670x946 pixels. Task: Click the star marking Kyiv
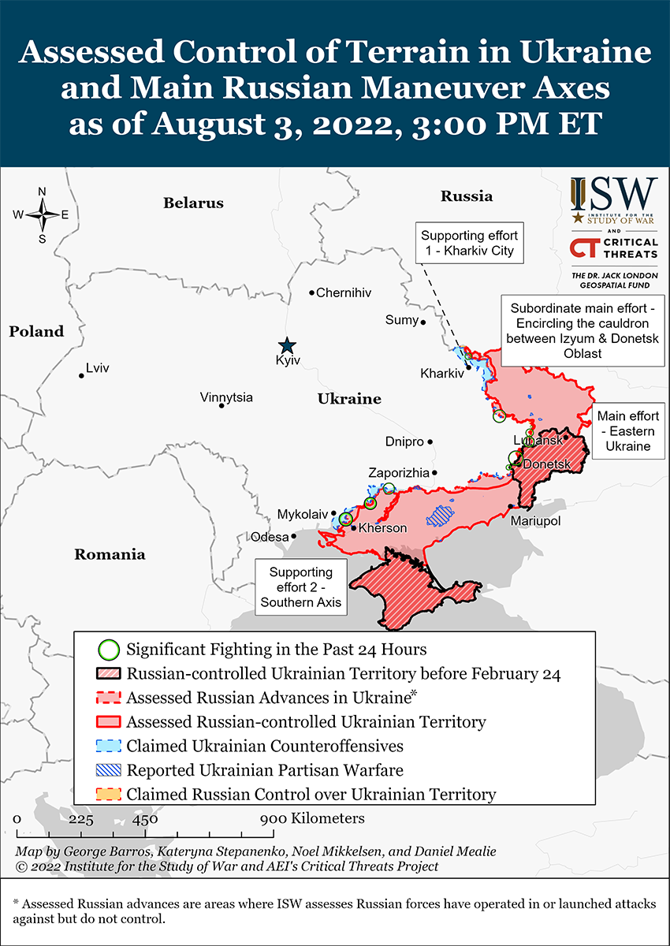pyautogui.click(x=287, y=345)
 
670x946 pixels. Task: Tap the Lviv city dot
pyautogui.click(x=81, y=375)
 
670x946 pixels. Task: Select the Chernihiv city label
pyautogui.click(x=343, y=292)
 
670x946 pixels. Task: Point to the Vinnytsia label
pyautogui.click(x=226, y=397)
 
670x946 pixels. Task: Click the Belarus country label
pyautogui.click(x=193, y=203)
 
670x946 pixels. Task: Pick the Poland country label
pyautogui.click(x=36, y=332)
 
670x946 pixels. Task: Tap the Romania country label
pyautogui.click(x=110, y=554)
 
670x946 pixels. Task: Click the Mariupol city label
pyautogui.click(x=535, y=521)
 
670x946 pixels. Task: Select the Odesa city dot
pyautogui.click(x=293, y=536)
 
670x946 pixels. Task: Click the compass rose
pyautogui.click(x=43, y=214)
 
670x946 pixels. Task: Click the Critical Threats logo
pyautogui.click(x=614, y=248)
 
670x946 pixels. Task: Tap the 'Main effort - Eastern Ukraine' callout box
pyautogui.click(x=627, y=430)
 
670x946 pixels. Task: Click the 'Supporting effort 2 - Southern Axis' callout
pyautogui.click(x=300, y=587)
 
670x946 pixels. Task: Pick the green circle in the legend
pyautogui.click(x=109, y=650)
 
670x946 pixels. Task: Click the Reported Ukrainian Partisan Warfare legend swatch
pyautogui.click(x=109, y=770)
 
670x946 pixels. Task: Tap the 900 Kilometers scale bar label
pyautogui.click(x=313, y=818)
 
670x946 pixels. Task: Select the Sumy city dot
pyautogui.click(x=423, y=322)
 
